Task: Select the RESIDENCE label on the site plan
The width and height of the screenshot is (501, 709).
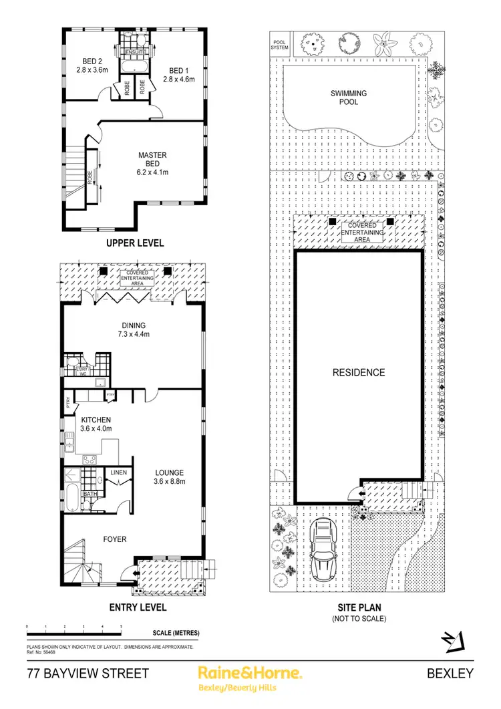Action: [x=359, y=372]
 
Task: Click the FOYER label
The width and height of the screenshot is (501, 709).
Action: [x=114, y=539]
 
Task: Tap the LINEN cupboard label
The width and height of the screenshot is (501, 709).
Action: [x=118, y=472]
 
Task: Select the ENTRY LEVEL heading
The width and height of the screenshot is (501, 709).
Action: [x=138, y=607]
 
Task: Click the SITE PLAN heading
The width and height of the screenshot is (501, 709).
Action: [x=359, y=608]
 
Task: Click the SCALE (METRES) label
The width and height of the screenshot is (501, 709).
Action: [x=172, y=632]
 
